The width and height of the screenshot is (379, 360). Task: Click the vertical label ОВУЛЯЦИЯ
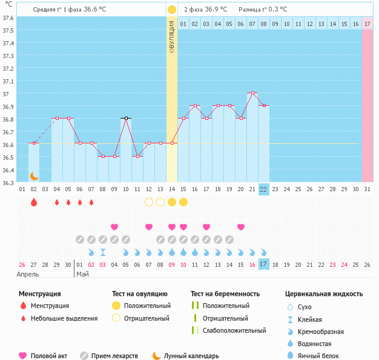coord(172,36)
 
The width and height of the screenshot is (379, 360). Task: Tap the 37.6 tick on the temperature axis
coord(8,18)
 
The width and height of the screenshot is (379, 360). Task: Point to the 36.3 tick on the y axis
coord(8,182)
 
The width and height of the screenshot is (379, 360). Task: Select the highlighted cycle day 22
coord(263,189)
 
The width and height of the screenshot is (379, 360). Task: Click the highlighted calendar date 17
coord(263,264)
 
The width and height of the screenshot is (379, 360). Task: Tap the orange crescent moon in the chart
coord(34,176)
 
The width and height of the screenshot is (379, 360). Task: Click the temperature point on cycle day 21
coord(252,93)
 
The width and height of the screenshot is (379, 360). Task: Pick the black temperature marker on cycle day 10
coord(126,118)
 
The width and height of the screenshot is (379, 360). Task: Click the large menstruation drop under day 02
coord(34,202)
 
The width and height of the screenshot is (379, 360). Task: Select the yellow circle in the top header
coord(172,10)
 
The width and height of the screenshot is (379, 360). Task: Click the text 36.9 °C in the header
coord(215,10)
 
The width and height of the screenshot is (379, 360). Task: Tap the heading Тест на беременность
coord(225,294)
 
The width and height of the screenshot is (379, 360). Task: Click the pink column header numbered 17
coord(367,24)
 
